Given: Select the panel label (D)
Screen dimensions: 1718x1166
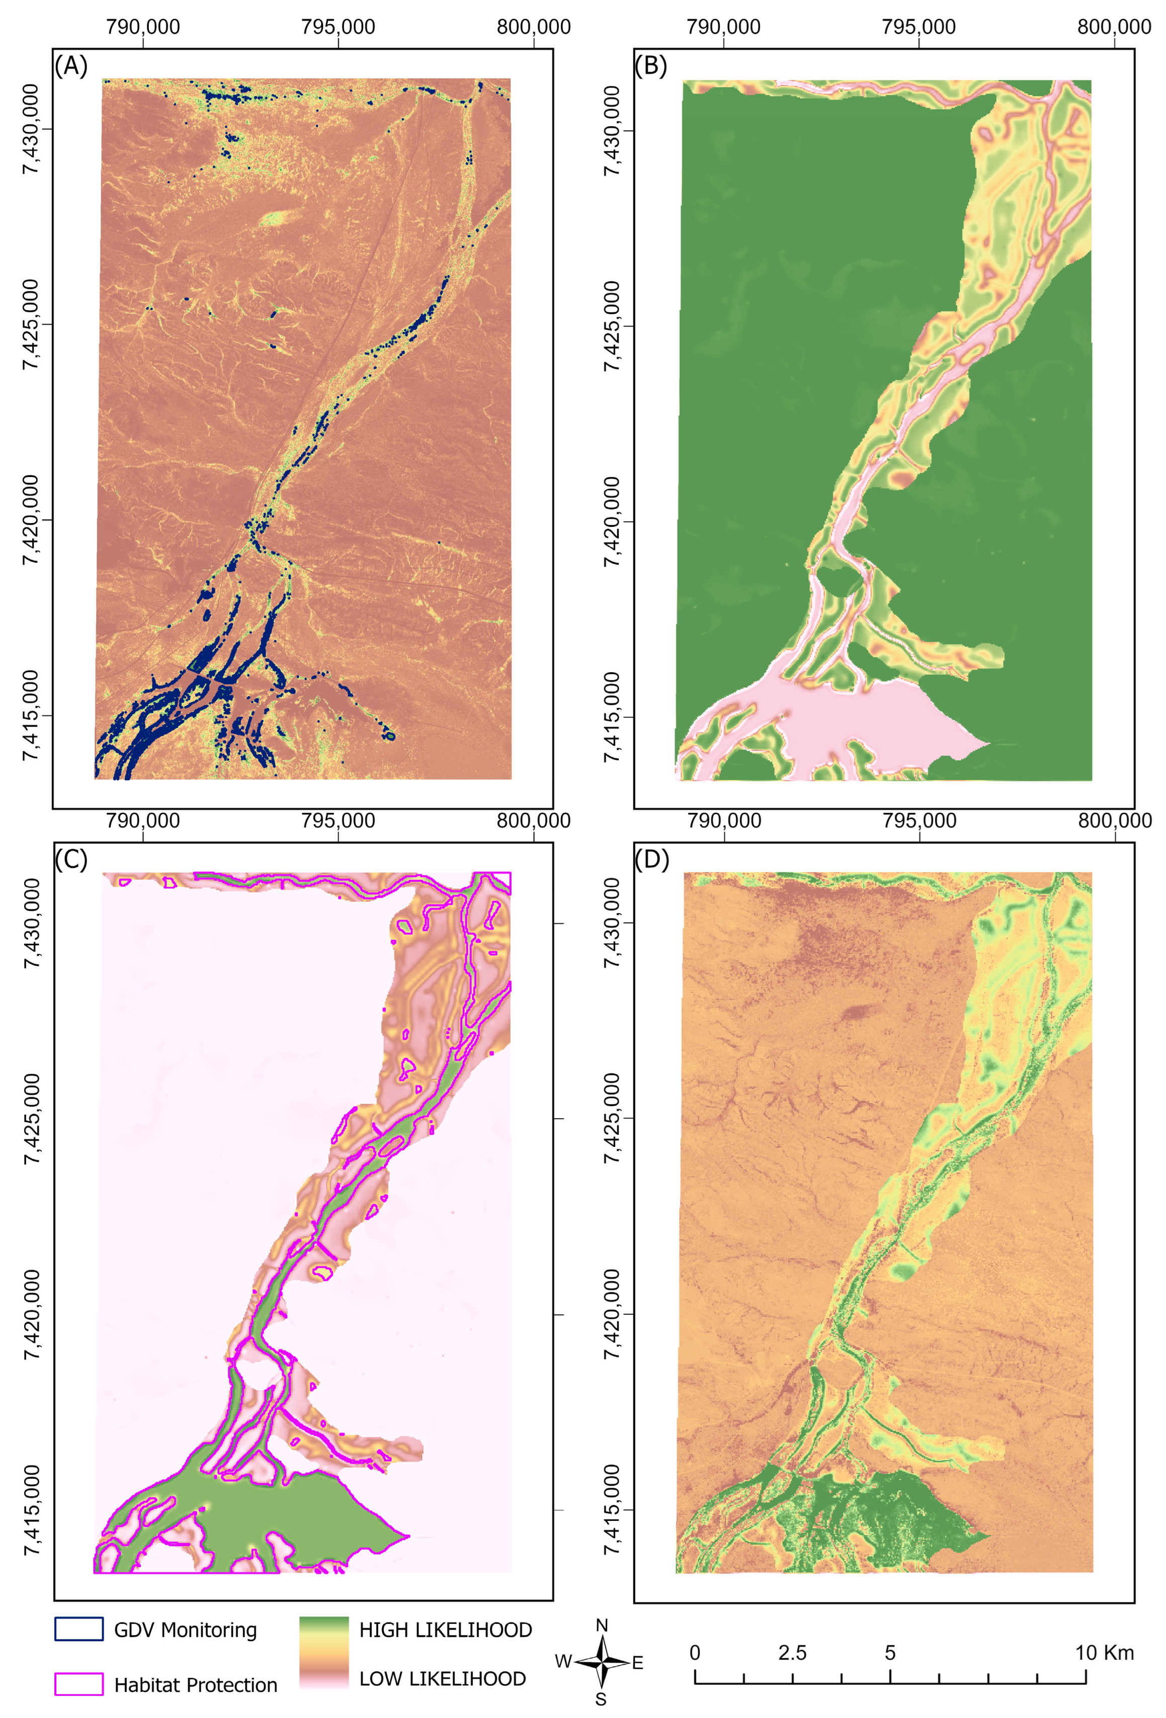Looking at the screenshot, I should click(x=651, y=859).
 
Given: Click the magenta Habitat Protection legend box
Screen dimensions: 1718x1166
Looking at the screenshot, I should click(x=78, y=1684).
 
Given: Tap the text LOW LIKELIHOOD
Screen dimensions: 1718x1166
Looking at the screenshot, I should click(x=442, y=1679).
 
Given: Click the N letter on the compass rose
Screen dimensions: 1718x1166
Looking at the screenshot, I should click(x=602, y=1625).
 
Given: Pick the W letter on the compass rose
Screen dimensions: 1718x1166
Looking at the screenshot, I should click(x=563, y=1662).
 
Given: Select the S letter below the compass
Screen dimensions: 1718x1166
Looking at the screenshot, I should click(x=601, y=1699).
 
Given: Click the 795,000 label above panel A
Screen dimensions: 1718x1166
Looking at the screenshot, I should click(x=338, y=27).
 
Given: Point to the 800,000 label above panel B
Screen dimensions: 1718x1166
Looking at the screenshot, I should click(x=1114, y=27).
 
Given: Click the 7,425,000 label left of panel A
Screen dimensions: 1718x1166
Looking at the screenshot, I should click(x=31, y=324).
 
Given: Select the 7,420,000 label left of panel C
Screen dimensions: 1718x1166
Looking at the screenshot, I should click(x=31, y=1314).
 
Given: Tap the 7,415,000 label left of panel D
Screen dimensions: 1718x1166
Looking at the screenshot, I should click(x=612, y=1509).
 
